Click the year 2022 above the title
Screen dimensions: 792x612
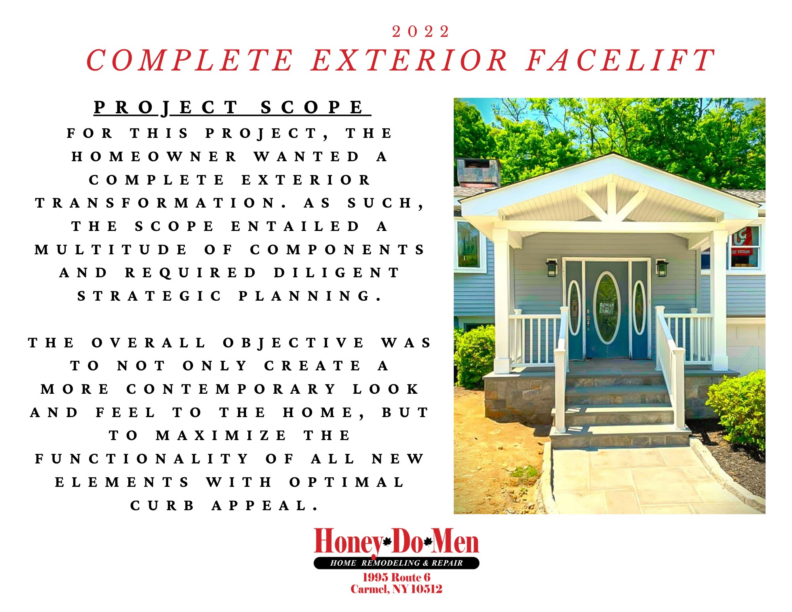click(421, 32)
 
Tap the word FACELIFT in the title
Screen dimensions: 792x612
click(621, 61)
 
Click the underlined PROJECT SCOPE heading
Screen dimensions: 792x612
click(232, 107)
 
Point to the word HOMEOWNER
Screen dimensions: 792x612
click(154, 157)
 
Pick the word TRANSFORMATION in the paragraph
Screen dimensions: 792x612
click(161, 203)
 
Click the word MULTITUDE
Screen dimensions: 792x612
click(110, 250)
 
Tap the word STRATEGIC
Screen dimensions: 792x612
click(149, 296)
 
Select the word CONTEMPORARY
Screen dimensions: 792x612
click(231, 389)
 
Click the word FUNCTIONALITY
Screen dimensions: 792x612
click(142, 459)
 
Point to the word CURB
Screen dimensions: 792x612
click(162, 506)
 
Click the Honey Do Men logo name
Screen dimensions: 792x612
click(396, 541)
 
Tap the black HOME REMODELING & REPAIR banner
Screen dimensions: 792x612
click(396, 563)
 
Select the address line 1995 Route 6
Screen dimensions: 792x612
click(396, 578)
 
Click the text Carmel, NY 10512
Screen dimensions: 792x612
click(396, 589)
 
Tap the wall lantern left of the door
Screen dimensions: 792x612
click(551, 268)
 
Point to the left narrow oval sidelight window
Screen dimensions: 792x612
click(574, 308)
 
